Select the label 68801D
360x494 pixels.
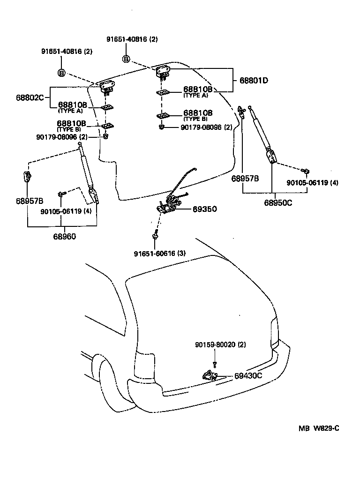(254, 80)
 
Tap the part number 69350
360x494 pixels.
(204, 210)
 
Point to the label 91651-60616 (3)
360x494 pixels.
(160, 254)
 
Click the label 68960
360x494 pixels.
(64, 236)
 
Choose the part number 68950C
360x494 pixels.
(277, 203)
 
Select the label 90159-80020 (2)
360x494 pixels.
(220, 345)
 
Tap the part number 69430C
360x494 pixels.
(248, 376)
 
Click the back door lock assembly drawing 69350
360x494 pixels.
(171, 204)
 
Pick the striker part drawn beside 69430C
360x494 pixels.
(210, 374)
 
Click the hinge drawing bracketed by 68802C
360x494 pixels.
(107, 87)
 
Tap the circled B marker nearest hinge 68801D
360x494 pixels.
(126, 59)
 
